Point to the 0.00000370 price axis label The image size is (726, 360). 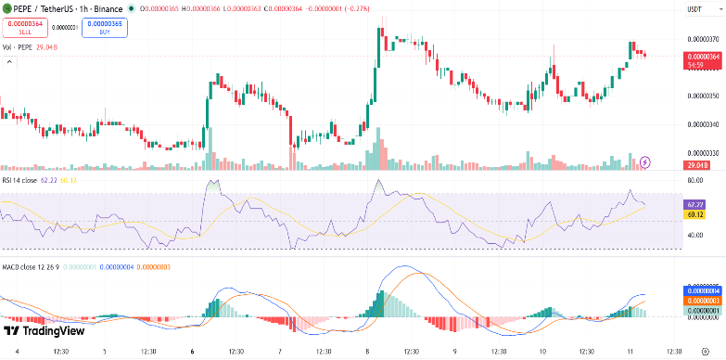(x=701, y=39)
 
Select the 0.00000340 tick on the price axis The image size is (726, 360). (x=701, y=124)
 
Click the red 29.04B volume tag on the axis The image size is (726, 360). (x=697, y=164)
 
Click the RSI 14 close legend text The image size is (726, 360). (x=19, y=179)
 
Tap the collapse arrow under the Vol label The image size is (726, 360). (x=10, y=61)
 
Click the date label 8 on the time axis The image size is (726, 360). (x=369, y=352)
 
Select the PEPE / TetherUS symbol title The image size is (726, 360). (x=47, y=8)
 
